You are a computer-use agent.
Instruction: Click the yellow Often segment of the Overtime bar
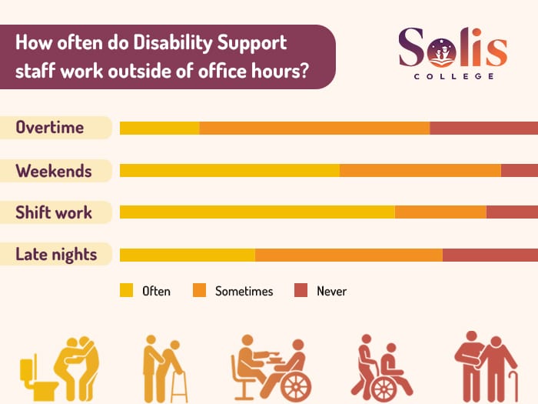coord(159,128)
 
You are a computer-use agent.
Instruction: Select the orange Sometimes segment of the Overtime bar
coord(314,128)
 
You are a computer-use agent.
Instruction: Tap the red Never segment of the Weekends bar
coord(520,170)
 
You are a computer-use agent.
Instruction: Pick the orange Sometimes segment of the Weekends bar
coord(420,170)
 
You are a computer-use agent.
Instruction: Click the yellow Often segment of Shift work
coord(257,212)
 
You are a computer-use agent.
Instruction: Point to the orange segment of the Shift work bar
coord(440,212)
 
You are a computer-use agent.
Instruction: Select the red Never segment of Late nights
coord(490,255)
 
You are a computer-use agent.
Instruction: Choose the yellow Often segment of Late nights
coord(187,255)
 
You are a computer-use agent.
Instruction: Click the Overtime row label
coord(50,128)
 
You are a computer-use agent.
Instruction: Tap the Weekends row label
coord(54,171)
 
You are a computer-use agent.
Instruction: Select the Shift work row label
coord(54,212)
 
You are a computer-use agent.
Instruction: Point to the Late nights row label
coord(56,254)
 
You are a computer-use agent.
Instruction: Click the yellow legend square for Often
coord(127,290)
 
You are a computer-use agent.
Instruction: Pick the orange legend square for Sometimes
coord(199,290)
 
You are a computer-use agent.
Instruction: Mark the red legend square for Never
coord(301,290)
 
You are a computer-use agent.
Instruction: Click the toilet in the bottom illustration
coord(33,377)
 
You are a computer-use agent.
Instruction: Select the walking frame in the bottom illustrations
coord(178,385)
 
